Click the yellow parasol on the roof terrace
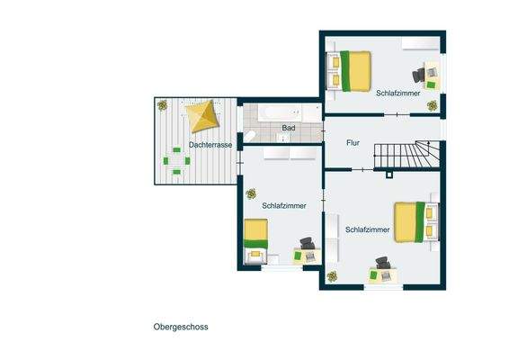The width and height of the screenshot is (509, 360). [x=201, y=115]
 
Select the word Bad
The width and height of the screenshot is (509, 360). [x=289, y=129]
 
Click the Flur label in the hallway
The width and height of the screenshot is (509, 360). [x=353, y=143]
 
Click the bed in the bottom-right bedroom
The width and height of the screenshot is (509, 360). [x=409, y=222]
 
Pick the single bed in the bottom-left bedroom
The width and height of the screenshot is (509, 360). [x=256, y=237]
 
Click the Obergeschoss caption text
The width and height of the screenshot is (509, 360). [x=181, y=327]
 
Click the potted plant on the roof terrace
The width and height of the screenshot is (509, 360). [x=163, y=105]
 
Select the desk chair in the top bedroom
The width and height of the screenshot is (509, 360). [x=419, y=76]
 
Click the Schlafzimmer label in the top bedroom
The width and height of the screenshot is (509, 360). [x=398, y=93]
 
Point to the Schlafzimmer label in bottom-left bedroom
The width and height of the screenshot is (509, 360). [x=284, y=206]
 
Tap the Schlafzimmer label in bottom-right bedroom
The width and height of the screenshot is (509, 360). [x=367, y=230]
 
